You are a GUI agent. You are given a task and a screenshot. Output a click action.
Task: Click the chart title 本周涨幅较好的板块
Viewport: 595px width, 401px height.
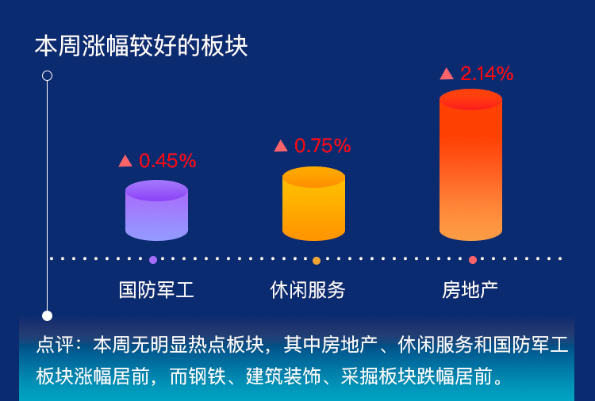pyautogui.click(x=141, y=46)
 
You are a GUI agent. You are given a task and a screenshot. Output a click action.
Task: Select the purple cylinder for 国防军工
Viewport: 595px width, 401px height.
pyautogui.click(x=157, y=210)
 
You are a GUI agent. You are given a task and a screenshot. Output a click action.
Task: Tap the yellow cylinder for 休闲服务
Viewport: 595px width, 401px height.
pyautogui.click(x=314, y=204)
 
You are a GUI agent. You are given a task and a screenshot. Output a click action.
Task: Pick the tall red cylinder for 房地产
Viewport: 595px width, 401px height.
pyautogui.click(x=471, y=165)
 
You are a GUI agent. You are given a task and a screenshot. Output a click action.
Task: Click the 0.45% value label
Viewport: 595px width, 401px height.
pyautogui.click(x=167, y=161)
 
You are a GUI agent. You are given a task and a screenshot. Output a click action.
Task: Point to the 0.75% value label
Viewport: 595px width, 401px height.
pyautogui.click(x=323, y=146)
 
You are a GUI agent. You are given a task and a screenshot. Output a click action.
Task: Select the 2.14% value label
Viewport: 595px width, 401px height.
pyautogui.click(x=487, y=73)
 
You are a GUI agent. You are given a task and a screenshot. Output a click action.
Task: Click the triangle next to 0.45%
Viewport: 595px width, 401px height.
pyautogui.click(x=125, y=161)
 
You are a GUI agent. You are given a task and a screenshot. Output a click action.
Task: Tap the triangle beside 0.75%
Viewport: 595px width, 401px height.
pyautogui.click(x=281, y=146)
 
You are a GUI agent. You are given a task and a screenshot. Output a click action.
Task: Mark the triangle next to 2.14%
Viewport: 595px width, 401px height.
pyautogui.click(x=447, y=74)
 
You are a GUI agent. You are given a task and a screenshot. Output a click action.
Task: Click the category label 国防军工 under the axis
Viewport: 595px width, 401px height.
pyautogui.click(x=156, y=290)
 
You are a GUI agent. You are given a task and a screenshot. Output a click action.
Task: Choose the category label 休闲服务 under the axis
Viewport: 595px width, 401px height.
pyautogui.click(x=308, y=290)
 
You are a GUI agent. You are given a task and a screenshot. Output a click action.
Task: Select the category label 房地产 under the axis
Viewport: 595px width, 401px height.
pyautogui.click(x=470, y=290)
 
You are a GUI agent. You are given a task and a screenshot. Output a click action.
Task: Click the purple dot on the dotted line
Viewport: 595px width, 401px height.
pyautogui.click(x=153, y=260)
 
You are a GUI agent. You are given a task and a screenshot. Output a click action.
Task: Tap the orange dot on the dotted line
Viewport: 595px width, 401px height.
pyautogui.click(x=317, y=261)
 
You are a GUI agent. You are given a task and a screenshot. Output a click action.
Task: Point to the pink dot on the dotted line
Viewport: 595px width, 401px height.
pyautogui.click(x=473, y=260)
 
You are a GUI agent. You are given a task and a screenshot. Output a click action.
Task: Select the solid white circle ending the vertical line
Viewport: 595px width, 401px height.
pyautogui.click(x=47, y=315)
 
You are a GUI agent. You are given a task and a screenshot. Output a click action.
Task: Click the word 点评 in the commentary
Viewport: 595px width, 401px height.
pyautogui.click(x=55, y=345)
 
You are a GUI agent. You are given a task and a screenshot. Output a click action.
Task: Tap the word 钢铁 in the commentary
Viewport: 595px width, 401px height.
pyautogui.click(x=207, y=376)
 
